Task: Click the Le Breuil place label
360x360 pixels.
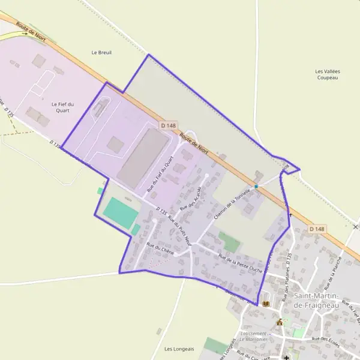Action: [x=101, y=52]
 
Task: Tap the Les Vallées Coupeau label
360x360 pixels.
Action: [x=328, y=74]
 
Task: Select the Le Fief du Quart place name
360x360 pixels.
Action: [x=62, y=107]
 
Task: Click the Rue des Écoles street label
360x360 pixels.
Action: [x=326, y=341]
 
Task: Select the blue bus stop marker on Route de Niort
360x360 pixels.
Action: [x=256, y=187]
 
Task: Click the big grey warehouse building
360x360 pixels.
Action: [x=142, y=157]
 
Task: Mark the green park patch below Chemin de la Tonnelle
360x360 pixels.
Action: [x=229, y=242]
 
